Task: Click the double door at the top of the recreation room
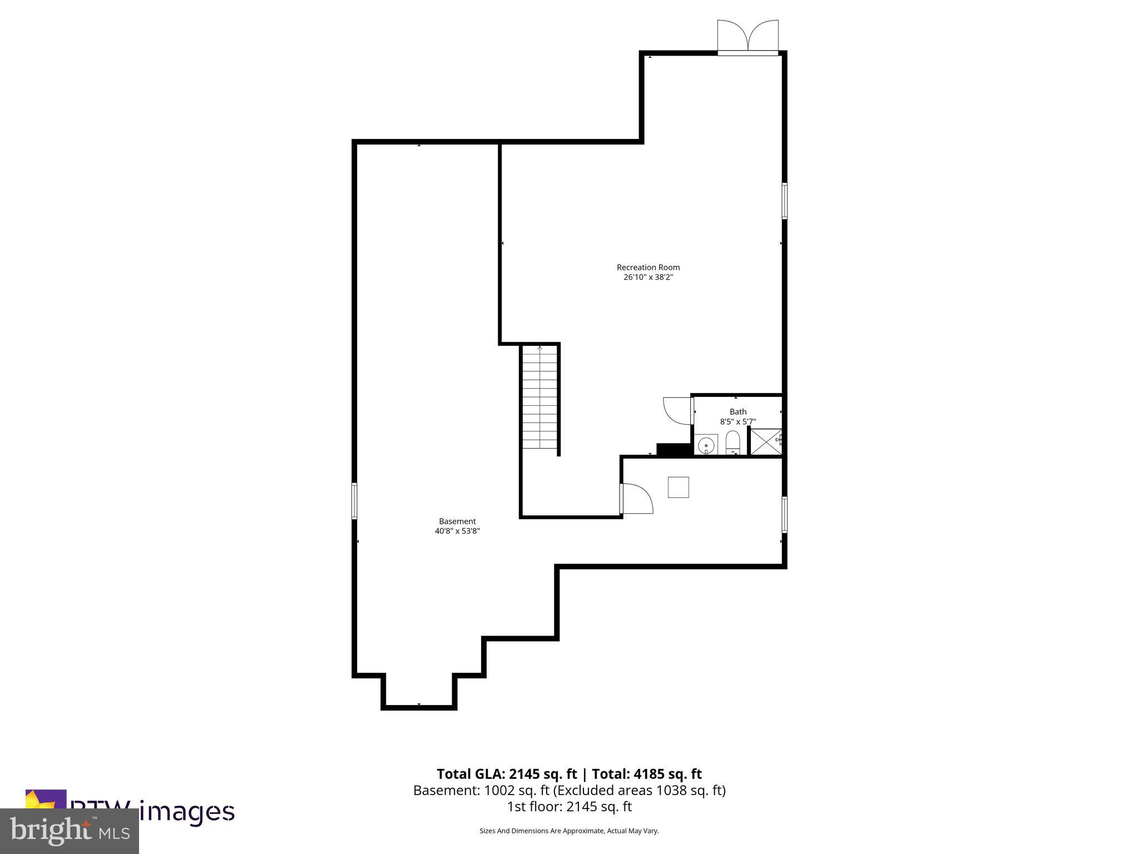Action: [x=747, y=38]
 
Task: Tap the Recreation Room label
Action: [x=648, y=267]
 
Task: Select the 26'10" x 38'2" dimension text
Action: [x=648, y=277]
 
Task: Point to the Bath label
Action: [x=738, y=411]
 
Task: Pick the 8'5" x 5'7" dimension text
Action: [x=738, y=421]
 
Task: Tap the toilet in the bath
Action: [x=733, y=443]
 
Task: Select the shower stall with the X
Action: [x=766, y=442]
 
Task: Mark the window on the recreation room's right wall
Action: [x=784, y=201]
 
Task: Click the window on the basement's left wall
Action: [x=354, y=501]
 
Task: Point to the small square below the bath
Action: [x=678, y=488]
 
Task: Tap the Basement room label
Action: [x=457, y=522]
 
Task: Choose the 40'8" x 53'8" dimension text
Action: [x=457, y=531]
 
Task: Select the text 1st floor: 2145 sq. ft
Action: [x=569, y=806]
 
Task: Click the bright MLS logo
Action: [x=70, y=831]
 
